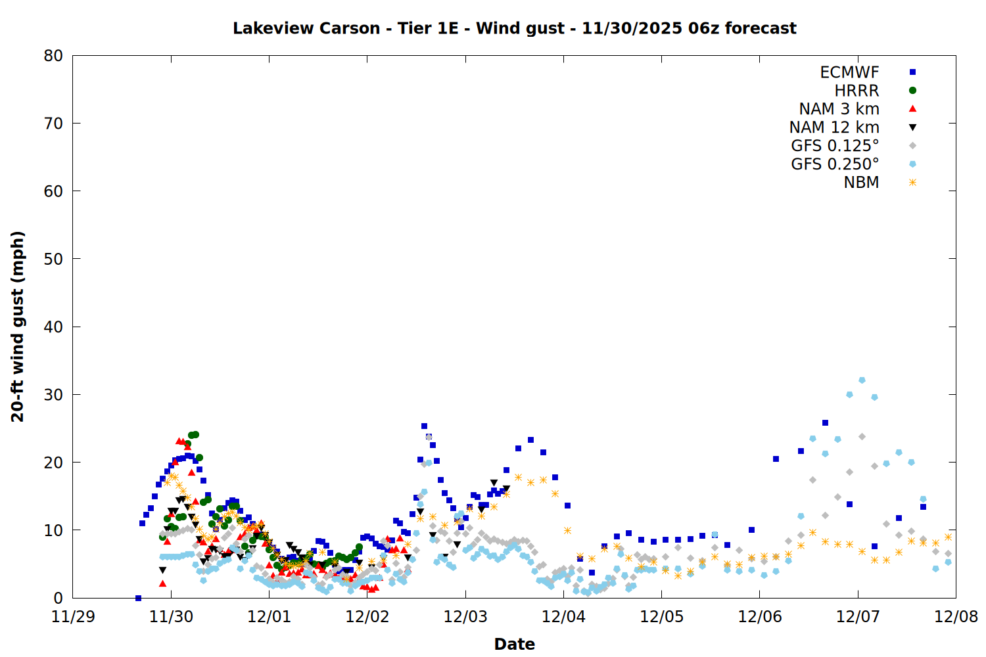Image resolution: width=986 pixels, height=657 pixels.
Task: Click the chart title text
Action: tap(514, 28)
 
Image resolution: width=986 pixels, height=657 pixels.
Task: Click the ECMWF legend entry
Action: tap(849, 72)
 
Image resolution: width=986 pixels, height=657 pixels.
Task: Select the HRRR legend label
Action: tap(857, 91)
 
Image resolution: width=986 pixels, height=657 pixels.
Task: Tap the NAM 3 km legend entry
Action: tap(839, 109)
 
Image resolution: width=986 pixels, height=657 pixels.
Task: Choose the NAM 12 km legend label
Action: tap(834, 127)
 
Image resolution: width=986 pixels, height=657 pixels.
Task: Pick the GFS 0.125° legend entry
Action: tap(835, 146)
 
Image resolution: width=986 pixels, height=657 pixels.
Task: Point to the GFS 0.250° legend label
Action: tap(835, 164)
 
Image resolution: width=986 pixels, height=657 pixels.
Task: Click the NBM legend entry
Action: tap(861, 183)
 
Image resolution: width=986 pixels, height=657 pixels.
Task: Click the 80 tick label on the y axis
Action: tap(53, 56)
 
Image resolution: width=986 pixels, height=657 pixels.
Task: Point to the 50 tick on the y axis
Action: tap(53, 259)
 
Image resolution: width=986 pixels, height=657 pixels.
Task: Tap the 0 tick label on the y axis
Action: tap(59, 598)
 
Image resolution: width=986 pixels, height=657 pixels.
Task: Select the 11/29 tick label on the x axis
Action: tap(72, 617)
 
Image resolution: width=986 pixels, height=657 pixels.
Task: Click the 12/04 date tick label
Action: tap(563, 617)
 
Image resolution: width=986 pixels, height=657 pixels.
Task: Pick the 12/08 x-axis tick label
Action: tap(956, 617)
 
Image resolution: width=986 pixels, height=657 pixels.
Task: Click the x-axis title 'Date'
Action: tap(514, 644)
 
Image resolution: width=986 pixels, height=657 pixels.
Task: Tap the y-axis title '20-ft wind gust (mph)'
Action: tap(18, 327)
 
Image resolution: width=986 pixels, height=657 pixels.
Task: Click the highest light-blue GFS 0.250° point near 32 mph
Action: tap(862, 380)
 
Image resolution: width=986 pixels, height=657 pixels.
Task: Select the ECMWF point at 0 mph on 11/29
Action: tap(138, 598)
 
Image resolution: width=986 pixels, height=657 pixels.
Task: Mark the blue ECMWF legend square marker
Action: tap(912, 72)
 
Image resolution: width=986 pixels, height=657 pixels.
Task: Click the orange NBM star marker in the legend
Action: tap(912, 183)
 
